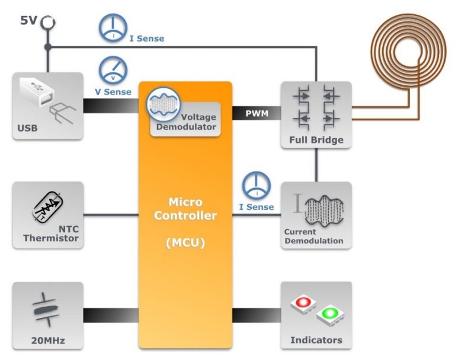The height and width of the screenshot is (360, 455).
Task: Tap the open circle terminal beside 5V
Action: [x=47, y=23]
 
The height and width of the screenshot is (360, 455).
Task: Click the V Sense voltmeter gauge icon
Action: [x=110, y=70]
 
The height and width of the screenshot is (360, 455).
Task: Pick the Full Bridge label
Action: [x=316, y=141]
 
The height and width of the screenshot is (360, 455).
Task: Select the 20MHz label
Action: [x=47, y=340]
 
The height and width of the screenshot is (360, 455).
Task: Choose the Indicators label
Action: [x=316, y=340]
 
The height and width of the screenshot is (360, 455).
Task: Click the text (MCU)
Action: [x=185, y=242]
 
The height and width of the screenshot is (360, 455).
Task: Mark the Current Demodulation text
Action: [x=313, y=236]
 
